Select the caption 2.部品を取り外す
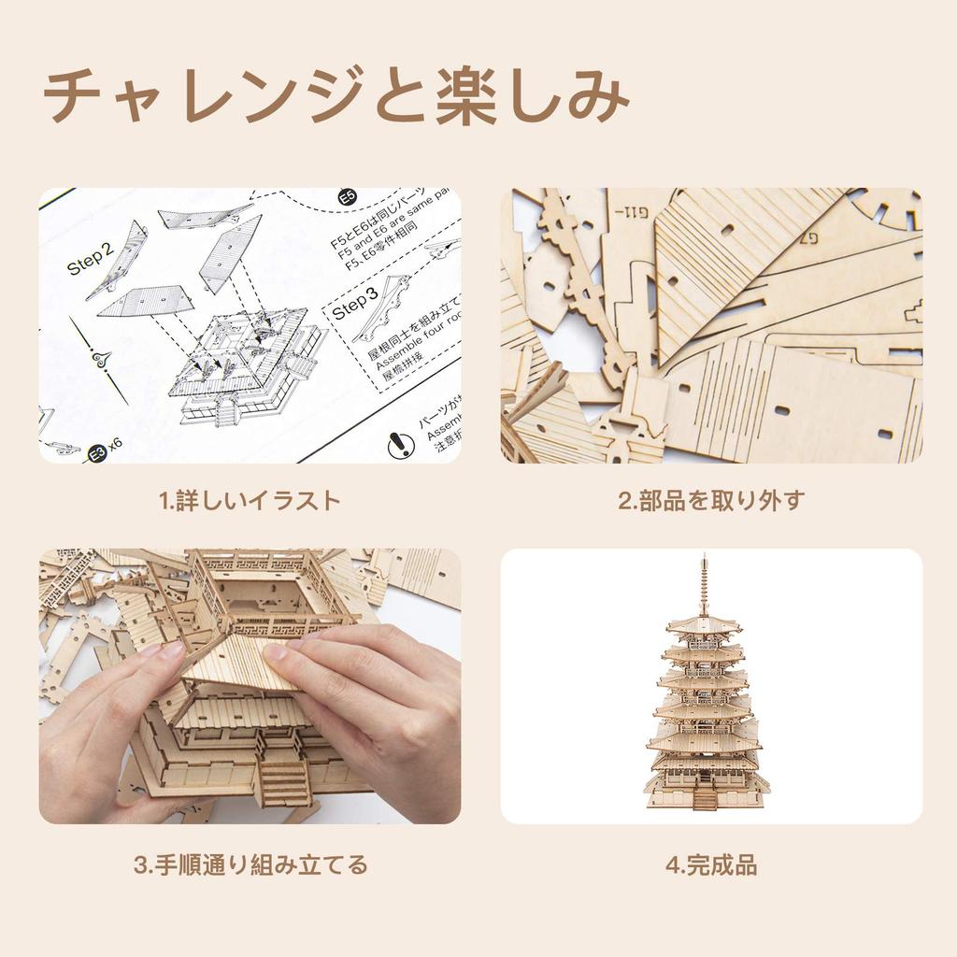point(710,501)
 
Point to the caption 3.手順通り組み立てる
point(250,864)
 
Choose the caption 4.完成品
point(711,865)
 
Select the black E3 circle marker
point(95,452)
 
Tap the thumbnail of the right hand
point(278,653)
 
